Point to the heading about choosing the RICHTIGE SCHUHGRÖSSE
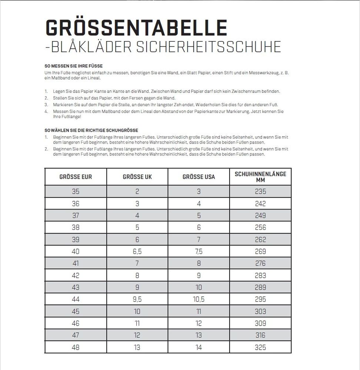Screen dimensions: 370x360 pos(91,130)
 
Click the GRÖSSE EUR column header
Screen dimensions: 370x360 pos(76,177)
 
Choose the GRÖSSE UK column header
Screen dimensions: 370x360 pos(137,177)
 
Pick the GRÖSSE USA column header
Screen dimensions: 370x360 pos(199,177)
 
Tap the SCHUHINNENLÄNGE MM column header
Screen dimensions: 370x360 pos(260,177)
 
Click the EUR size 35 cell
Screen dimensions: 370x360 pos(76,191)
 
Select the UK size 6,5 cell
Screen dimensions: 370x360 pos(137,251)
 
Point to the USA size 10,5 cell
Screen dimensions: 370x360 pos(199,299)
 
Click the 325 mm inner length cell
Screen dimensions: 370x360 pos(260,347)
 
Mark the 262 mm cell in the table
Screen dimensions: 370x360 pos(260,239)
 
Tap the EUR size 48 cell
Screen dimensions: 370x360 pos(76,347)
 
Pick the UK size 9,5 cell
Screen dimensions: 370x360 pos(137,299)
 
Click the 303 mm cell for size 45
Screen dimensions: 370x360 pos(260,311)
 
